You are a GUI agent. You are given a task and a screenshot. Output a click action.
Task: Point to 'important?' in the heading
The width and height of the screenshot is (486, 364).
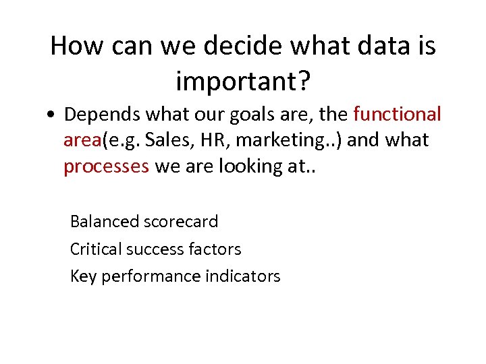(243, 82)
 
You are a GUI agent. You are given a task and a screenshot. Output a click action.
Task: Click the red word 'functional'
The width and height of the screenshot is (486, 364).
(397, 114)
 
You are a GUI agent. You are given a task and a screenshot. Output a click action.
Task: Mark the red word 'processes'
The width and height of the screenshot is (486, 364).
(106, 166)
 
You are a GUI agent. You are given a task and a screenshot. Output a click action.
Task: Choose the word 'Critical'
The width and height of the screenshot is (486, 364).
(94, 249)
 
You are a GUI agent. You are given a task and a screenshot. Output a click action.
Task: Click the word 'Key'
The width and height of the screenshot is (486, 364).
(84, 276)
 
